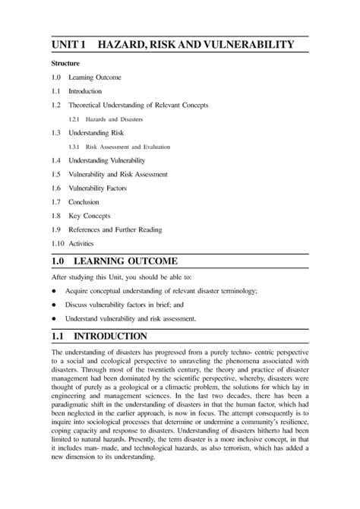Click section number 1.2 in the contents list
[56, 105]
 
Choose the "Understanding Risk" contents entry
[102, 133]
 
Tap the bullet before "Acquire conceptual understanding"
[54, 291]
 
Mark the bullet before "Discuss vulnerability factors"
[54, 305]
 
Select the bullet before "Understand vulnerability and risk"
[54, 319]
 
